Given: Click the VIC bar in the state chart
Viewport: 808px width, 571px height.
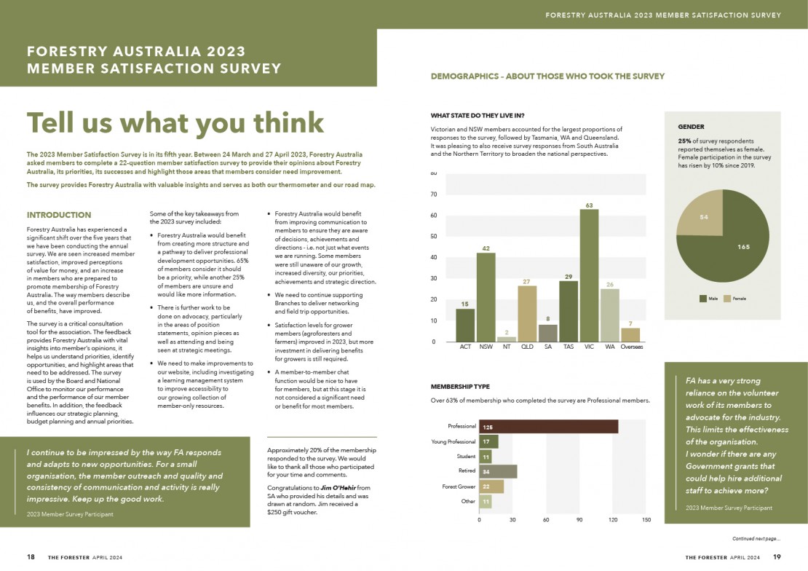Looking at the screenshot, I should [x=589, y=275].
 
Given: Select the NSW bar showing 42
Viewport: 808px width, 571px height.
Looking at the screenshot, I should [x=486, y=297].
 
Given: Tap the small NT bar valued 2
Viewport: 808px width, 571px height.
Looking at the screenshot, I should [x=507, y=339].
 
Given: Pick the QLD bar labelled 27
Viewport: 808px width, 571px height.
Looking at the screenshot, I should [x=527, y=313].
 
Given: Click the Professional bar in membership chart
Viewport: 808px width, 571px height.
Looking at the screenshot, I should [x=548, y=426].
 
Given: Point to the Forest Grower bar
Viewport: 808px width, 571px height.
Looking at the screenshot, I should [x=491, y=487].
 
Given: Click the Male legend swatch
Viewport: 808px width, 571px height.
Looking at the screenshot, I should [x=702, y=299].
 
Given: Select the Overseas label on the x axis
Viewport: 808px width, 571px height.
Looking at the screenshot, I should [x=631, y=347].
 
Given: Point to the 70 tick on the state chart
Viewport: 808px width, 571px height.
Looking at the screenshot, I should [x=433, y=194].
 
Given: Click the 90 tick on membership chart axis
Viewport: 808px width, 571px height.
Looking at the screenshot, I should [x=579, y=519].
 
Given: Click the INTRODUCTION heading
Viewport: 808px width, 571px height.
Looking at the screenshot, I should [x=59, y=215].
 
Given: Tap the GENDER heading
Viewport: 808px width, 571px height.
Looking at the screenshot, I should [x=691, y=127].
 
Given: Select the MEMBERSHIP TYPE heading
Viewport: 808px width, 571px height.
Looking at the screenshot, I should [x=460, y=387].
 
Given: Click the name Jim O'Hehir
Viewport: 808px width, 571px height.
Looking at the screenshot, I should [x=338, y=487].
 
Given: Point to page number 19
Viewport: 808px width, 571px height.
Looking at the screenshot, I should [x=777, y=556].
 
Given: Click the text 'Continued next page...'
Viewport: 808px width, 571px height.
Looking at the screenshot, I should [x=756, y=539].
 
